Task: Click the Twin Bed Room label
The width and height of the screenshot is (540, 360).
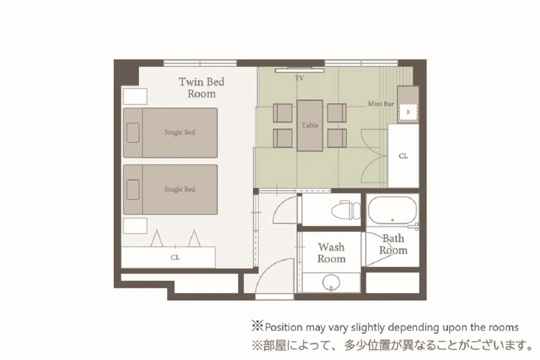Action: [x=201, y=88]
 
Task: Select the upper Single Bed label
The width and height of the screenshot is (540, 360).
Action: [x=179, y=132]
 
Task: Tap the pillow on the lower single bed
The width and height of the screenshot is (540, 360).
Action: [x=133, y=190]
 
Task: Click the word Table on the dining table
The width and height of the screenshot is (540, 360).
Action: [x=310, y=125]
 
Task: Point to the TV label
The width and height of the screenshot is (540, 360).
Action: [x=299, y=78]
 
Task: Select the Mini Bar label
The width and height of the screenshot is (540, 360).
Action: [x=381, y=104]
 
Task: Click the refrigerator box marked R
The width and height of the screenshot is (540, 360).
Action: [x=408, y=112]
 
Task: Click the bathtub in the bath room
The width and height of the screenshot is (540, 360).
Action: [x=392, y=210]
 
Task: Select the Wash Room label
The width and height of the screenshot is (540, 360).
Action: [x=331, y=253]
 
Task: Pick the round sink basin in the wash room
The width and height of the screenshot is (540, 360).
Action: [x=331, y=282]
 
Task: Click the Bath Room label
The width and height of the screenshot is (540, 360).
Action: [x=393, y=244]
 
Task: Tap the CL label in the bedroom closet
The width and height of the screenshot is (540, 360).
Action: [x=175, y=258]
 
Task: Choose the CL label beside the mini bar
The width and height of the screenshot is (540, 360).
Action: [x=403, y=156]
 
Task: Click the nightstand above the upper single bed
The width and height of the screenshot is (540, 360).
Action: [x=135, y=96]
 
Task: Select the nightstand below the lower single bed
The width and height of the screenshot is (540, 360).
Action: [x=135, y=226]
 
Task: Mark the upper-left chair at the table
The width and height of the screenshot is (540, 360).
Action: [x=283, y=113]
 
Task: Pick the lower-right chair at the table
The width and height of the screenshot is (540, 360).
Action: [x=337, y=138]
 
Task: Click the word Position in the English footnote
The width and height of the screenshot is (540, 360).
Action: [x=283, y=327]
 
